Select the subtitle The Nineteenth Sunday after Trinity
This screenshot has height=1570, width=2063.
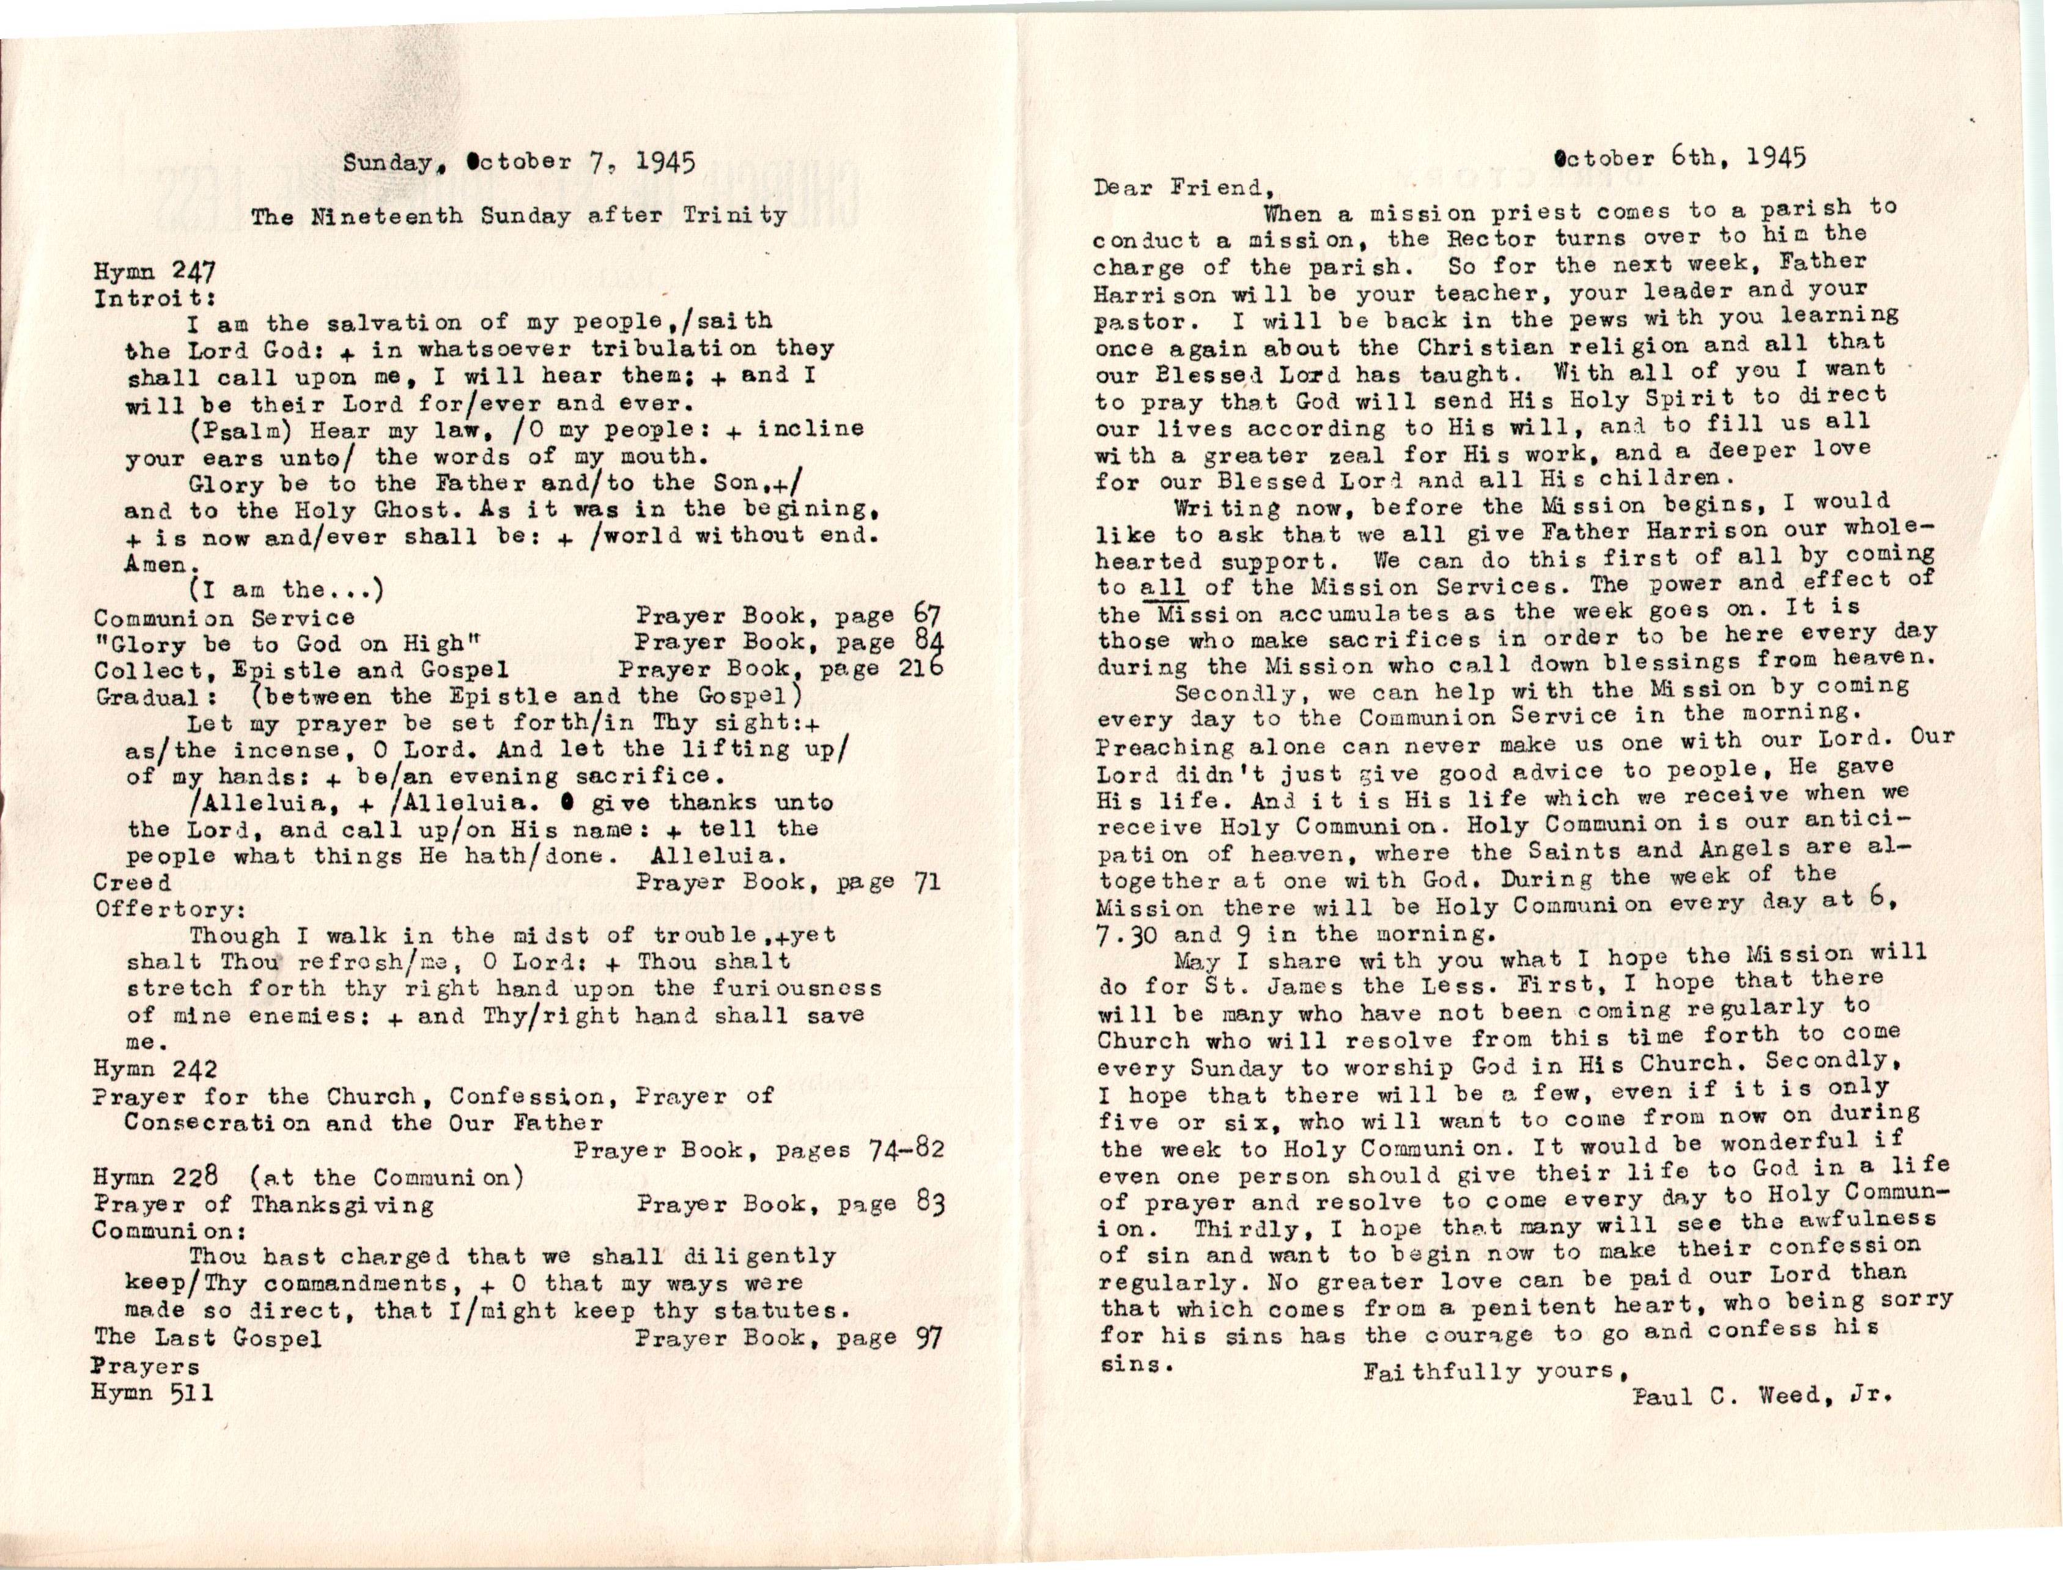click(x=519, y=216)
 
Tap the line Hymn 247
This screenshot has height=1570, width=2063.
click(x=155, y=272)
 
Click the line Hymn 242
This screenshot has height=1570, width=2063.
click(x=155, y=1068)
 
